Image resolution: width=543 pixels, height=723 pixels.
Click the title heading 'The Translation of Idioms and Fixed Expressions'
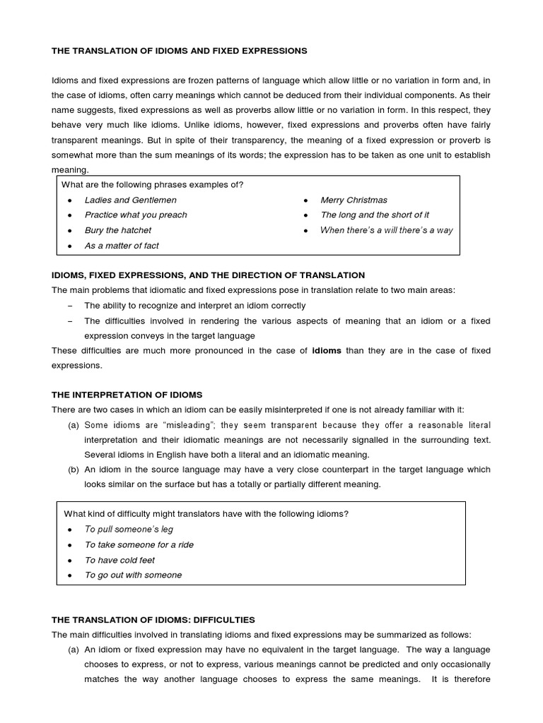coord(180,51)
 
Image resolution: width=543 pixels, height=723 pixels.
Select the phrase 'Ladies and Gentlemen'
coord(131,200)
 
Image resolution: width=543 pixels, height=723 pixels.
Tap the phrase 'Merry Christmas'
coord(354,200)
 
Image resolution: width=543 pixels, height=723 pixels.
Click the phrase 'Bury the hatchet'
coord(118,230)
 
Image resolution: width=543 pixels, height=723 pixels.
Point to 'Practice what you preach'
coord(136,215)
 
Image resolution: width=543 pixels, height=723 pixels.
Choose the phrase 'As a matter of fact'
coord(122,246)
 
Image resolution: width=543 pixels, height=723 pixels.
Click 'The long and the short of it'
coord(375,215)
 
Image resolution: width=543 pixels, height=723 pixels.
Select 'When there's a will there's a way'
coord(387,230)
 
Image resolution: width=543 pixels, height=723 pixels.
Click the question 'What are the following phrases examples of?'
coord(153,185)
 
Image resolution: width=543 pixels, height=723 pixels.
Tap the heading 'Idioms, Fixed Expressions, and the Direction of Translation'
coord(208,275)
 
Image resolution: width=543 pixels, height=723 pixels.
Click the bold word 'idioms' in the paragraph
coord(327,350)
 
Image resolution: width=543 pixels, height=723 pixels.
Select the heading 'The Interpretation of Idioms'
coord(127,395)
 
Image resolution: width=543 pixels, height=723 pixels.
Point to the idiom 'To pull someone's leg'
coord(129,529)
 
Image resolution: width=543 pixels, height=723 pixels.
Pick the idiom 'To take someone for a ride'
coord(139,544)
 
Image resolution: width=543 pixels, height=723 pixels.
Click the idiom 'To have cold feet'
coord(119,560)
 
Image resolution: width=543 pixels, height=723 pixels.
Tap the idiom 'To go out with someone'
coord(133,575)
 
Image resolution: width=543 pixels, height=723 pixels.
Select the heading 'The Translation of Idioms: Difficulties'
coord(153,619)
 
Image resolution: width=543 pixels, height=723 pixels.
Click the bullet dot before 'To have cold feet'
coord(69,560)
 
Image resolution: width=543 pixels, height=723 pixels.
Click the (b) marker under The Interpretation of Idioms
coord(74,470)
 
